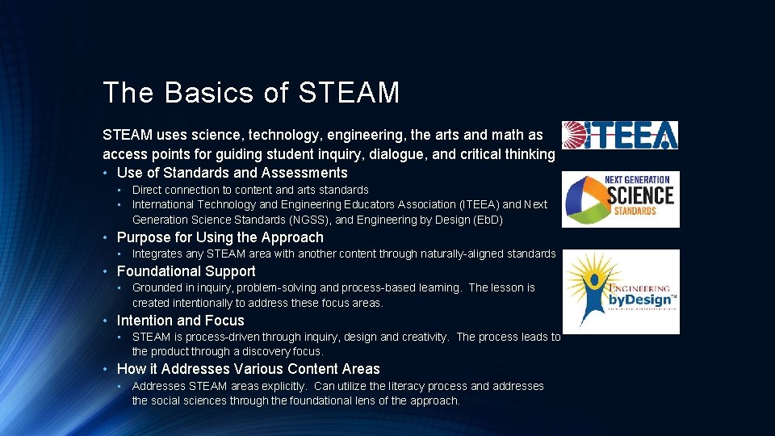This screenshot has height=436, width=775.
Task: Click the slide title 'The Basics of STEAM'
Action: [251, 93]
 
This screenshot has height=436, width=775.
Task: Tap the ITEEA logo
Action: [619, 135]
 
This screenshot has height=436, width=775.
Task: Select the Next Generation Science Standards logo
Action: [620, 199]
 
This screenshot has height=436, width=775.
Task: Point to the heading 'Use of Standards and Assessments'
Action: [232, 173]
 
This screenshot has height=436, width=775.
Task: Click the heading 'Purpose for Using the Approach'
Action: [220, 237]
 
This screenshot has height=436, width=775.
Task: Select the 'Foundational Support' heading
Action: [186, 271]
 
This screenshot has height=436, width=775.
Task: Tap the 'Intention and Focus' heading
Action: [180, 321]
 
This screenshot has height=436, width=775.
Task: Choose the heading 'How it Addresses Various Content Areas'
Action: [248, 369]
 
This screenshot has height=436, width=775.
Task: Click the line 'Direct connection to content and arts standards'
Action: [250, 190]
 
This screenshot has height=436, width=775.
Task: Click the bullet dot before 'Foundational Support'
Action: [106, 271]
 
